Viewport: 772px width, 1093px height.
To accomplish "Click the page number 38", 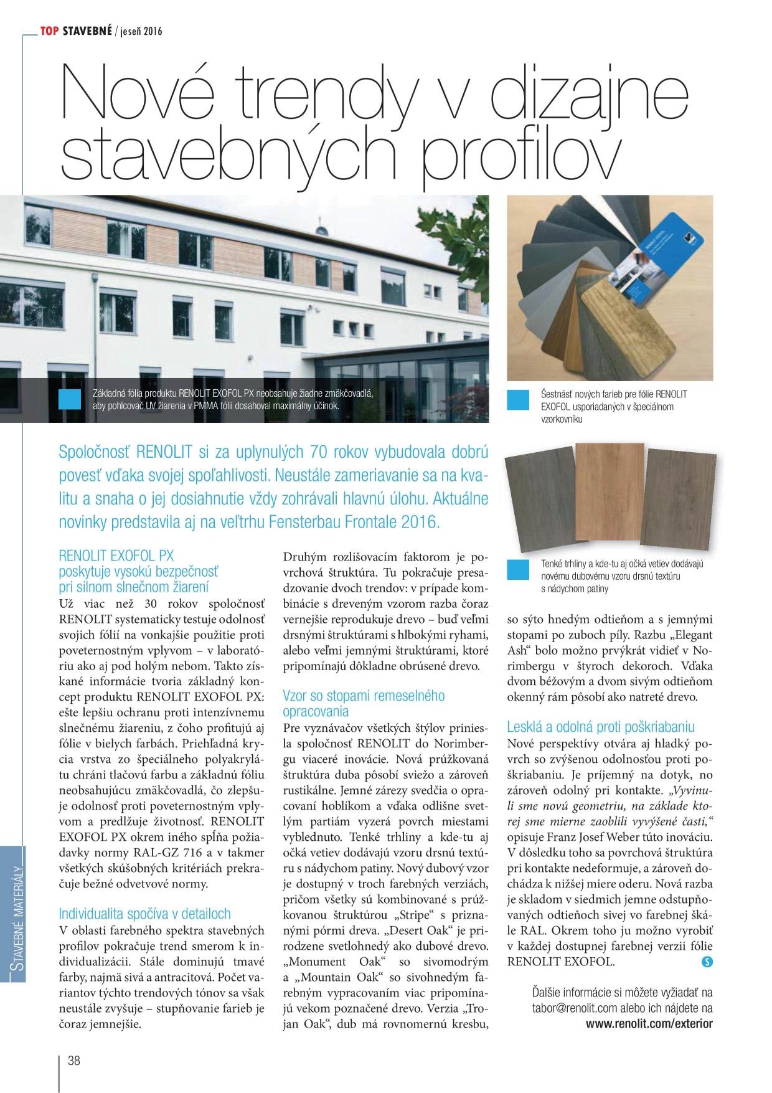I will (x=73, y=1061).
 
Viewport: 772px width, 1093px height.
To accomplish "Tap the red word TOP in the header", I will (x=50, y=31).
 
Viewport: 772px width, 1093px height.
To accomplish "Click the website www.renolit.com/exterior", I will (x=649, y=1023).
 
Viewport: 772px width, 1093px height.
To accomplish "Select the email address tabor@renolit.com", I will (x=574, y=1008).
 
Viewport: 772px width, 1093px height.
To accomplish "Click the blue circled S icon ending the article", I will (x=707, y=962).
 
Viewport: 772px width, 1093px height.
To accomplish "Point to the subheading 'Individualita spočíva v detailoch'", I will (x=144, y=914).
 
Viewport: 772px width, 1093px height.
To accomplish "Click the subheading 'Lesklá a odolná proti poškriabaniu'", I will (x=600, y=727).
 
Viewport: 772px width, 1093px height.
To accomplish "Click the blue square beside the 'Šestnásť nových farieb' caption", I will (x=517, y=400).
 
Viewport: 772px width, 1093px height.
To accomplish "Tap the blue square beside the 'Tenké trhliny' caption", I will (x=517, y=569).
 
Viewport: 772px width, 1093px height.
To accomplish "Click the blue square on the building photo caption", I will (x=70, y=399).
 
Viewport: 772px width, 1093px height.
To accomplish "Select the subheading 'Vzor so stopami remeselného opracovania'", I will (x=364, y=703).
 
